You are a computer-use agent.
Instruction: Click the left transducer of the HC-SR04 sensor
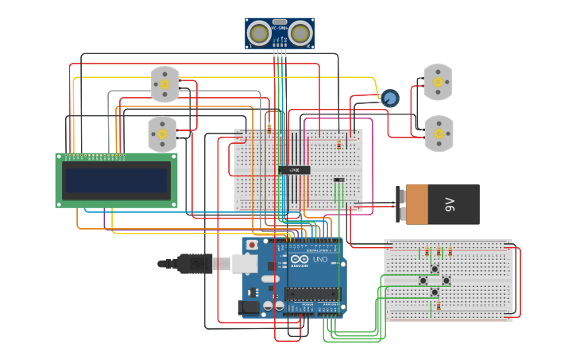258,33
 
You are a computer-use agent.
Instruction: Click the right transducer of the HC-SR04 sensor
300,33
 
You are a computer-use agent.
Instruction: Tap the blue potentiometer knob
389,99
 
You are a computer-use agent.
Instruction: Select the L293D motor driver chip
294,170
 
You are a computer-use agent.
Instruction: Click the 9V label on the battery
450,205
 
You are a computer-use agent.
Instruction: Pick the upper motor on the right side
437,82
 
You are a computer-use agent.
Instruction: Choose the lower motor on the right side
437,134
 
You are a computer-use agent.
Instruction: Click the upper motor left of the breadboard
164,84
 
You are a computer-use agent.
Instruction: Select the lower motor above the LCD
162,134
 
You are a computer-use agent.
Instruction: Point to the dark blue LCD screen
117,181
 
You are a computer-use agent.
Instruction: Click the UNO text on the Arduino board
320,260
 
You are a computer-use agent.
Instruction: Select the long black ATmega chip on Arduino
311,295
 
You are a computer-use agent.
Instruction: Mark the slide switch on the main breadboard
338,180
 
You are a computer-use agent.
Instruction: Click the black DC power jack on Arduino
250,306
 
